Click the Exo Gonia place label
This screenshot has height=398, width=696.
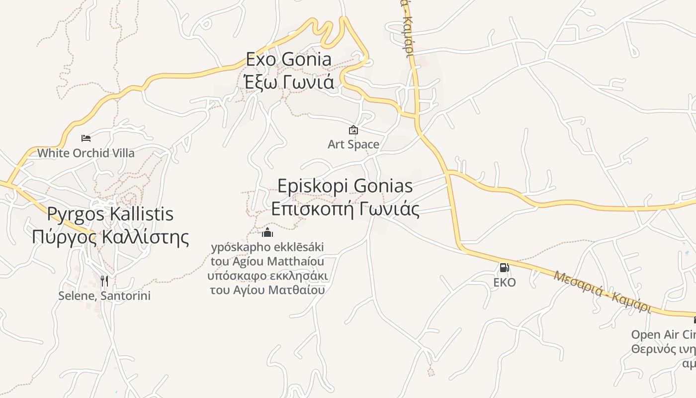click(289, 59)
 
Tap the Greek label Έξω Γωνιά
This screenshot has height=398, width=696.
click(289, 82)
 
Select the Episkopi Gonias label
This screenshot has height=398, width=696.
click(345, 186)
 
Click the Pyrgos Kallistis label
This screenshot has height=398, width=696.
click(110, 214)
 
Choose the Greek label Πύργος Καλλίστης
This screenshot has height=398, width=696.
click(110, 237)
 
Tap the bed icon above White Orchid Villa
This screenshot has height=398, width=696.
click(86, 138)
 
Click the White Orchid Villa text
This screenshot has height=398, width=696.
click(86, 153)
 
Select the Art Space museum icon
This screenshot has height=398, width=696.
click(353, 130)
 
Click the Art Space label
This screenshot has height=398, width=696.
click(353, 145)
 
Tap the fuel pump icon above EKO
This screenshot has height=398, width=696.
click(504, 268)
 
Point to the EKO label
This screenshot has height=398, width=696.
click(504, 283)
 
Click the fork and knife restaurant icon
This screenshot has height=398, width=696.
click(104, 281)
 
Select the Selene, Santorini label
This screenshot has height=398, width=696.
click(104, 296)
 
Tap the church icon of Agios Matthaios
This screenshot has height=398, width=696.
click(267, 232)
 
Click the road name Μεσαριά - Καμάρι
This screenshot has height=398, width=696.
click(602, 291)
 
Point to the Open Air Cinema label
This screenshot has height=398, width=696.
click(663, 334)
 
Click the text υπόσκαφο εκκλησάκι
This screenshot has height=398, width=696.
click(267, 276)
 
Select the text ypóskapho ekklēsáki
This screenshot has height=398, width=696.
click(267, 247)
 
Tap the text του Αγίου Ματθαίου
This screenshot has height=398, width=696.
click(267, 290)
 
